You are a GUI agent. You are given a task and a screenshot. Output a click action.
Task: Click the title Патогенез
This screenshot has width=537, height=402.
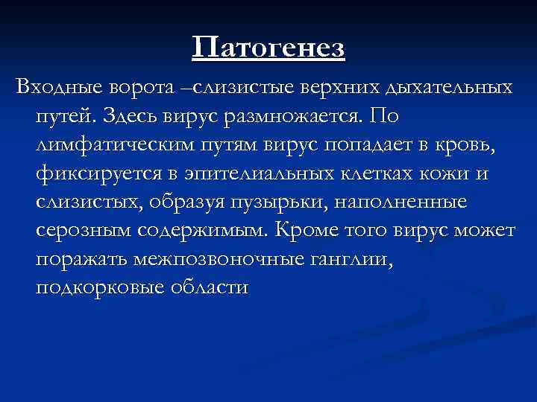268,48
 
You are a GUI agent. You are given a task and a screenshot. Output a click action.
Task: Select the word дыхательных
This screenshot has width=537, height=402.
450,89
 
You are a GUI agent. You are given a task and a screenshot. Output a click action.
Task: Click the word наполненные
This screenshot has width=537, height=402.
418,202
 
